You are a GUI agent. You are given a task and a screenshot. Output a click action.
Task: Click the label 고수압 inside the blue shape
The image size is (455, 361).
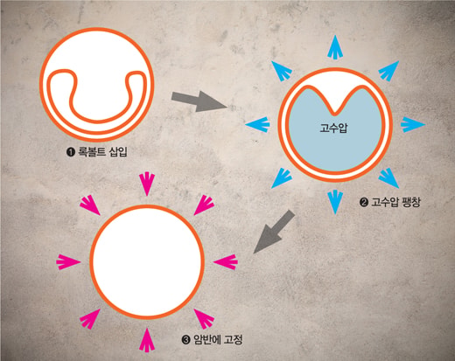tap(333, 128)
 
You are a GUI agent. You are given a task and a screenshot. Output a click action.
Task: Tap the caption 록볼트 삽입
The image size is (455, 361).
tap(102, 151)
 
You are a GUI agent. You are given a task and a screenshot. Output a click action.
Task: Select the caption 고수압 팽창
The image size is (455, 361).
tap(395, 202)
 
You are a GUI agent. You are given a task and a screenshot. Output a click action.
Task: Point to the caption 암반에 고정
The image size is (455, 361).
tap(218, 339)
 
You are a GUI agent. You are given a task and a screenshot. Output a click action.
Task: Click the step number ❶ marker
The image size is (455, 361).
tap(71, 152)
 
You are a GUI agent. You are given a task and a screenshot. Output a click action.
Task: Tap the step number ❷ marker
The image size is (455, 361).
tap(364, 202)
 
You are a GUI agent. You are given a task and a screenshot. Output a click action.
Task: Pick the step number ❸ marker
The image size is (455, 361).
tap(185, 340)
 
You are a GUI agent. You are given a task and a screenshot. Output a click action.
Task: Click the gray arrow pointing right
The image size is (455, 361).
tap(199, 101)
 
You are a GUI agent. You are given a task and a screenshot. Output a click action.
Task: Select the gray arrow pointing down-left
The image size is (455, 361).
tap(274, 232)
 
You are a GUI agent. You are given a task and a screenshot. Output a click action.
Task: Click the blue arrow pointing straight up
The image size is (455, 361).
tap(335, 47)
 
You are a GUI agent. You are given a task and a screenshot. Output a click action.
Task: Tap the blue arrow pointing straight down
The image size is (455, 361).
tap(335, 202)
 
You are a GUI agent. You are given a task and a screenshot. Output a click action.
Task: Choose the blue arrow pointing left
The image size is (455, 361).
tap(257, 125)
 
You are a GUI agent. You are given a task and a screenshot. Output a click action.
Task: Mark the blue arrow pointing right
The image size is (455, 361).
tap(413, 125)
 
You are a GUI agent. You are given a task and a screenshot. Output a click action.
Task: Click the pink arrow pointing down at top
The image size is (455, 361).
tap(147, 184)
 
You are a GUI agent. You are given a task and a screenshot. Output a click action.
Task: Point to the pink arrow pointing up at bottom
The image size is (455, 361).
tap(147, 340)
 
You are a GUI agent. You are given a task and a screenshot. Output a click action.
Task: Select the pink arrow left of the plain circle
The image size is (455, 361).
tap(68, 262)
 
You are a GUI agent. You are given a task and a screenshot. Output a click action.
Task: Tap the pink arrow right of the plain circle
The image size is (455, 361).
tap(226, 262)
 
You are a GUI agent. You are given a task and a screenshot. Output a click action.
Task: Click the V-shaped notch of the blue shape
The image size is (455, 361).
tap(335, 113)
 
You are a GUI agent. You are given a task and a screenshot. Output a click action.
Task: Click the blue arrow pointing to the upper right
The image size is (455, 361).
tap(388, 71)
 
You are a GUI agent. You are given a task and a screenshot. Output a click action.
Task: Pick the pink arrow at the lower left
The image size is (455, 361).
tap(90, 319)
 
